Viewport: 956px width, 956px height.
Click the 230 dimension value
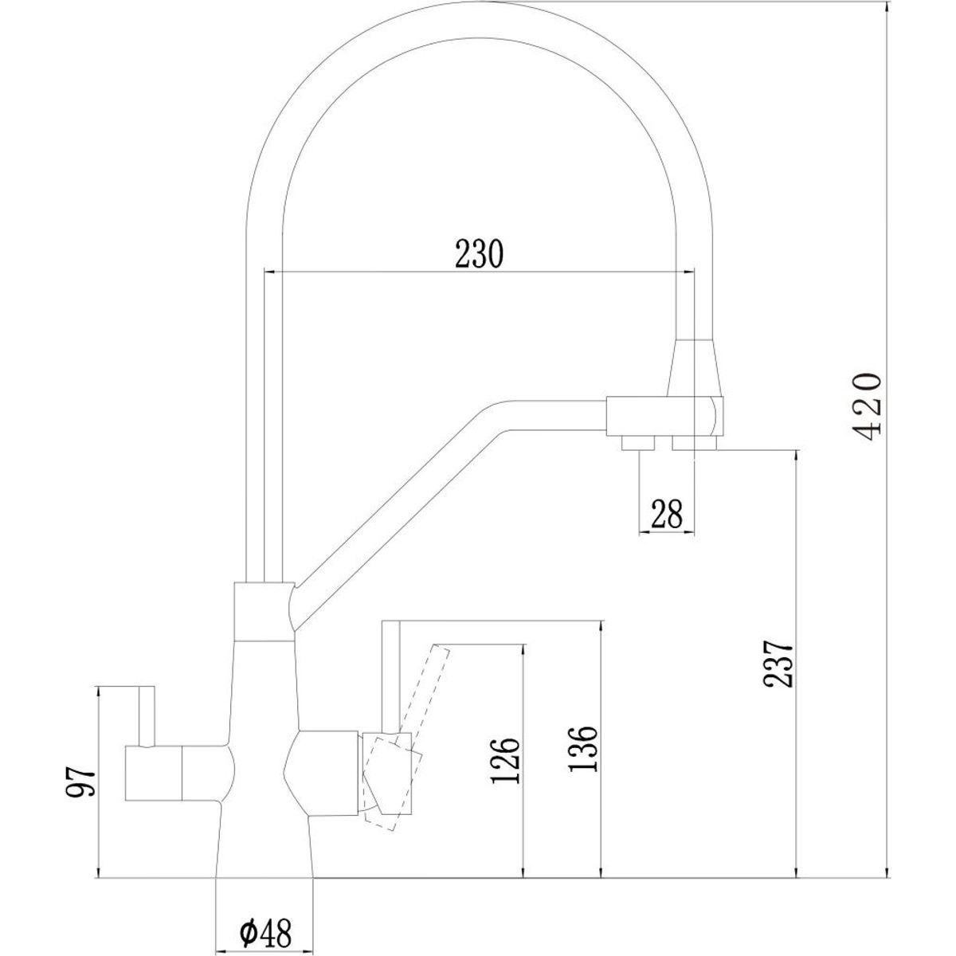tap(479, 253)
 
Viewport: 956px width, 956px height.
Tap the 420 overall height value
tap(867, 407)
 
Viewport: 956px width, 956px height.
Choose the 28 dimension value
tap(666, 514)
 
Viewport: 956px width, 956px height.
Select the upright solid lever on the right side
tap(390, 679)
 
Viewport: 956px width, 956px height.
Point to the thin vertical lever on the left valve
tap(147, 716)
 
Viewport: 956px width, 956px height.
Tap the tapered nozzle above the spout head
tap(695, 367)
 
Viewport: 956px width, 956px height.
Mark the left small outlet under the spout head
tap(638, 443)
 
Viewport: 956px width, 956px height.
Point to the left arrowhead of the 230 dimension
tap(270, 272)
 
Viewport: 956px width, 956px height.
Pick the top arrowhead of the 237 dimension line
tap(797, 456)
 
